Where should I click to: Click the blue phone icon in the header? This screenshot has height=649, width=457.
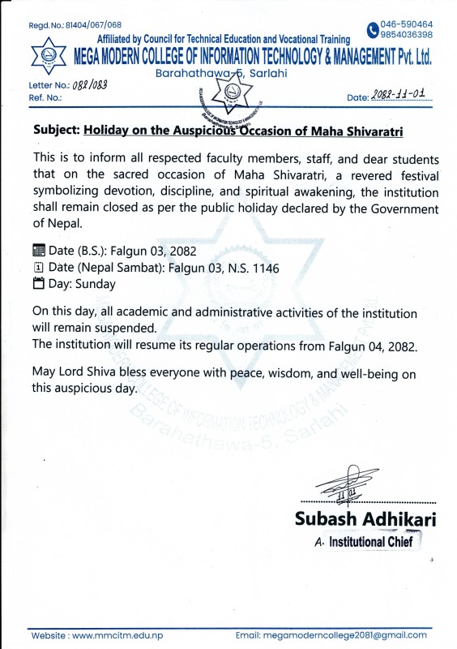coord(372,30)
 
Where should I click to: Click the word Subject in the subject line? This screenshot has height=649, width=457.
coord(56,129)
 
